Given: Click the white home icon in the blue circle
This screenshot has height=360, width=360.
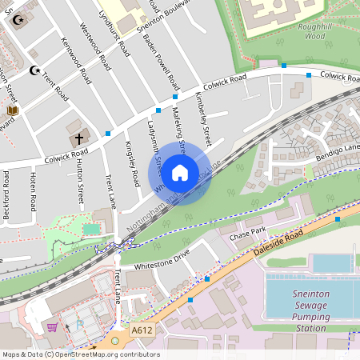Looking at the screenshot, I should click(x=180, y=173).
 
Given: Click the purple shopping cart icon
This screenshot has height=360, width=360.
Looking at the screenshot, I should click(x=52, y=327).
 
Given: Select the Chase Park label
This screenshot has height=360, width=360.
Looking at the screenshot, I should click(x=246, y=236).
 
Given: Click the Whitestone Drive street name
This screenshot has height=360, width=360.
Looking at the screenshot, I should click(x=162, y=259).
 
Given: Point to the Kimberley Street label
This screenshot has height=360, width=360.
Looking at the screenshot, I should click(x=202, y=118).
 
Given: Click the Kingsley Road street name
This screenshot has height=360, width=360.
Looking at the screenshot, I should click(x=132, y=163).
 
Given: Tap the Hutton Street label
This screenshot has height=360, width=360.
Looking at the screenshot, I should click(x=79, y=181).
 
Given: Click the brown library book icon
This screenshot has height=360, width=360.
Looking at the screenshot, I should click(x=12, y=110).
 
